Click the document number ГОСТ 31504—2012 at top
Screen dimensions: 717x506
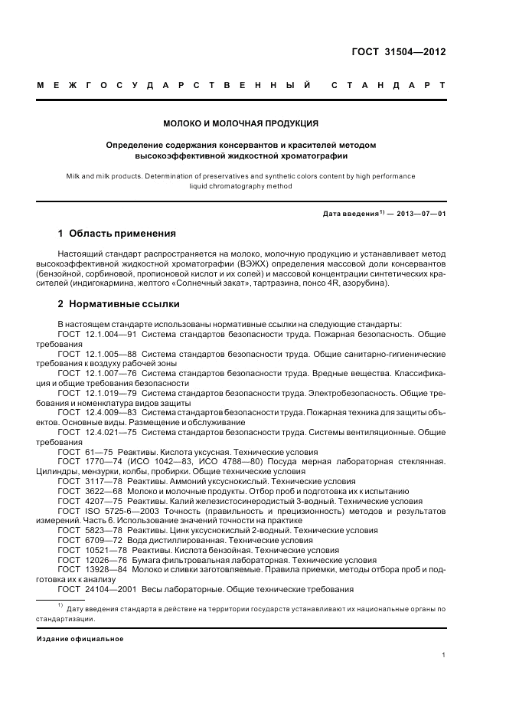[398, 52]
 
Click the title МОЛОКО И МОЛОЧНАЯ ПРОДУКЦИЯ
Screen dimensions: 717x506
[241, 123]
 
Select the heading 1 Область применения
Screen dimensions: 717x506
[117, 233]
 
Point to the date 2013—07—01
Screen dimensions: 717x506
[419, 214]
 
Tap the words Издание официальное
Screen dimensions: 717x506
[80, 638]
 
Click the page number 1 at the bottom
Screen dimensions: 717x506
[444, 654]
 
